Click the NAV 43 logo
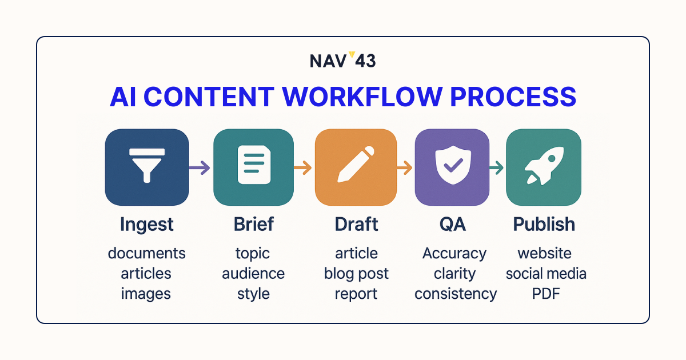[x=342, y=60]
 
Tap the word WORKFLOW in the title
[x=362, y=97]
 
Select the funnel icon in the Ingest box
[x=147, y=166]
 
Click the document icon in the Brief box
[x=254, y=165]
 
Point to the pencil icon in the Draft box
[x=356, y=165]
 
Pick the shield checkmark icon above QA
[x=453, y=165]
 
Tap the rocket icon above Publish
[x=544, y=166]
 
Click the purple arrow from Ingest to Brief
[x=200, y=167]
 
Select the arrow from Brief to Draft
[x=302, y=167]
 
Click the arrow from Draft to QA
[x=404, y=167]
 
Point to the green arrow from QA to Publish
[x=496, y=167]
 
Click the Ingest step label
[x=147, y=225]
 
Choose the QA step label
[x=453, y=224]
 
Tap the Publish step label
[x=544, y=224]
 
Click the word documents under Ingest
[x=147, y=254]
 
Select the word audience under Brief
[x=253, y=273]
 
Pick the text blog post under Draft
[x=356, y=274]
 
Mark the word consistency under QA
[x=456, y=294]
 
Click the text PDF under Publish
[x=546, y=294]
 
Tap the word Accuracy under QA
[x=454, y=254]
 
